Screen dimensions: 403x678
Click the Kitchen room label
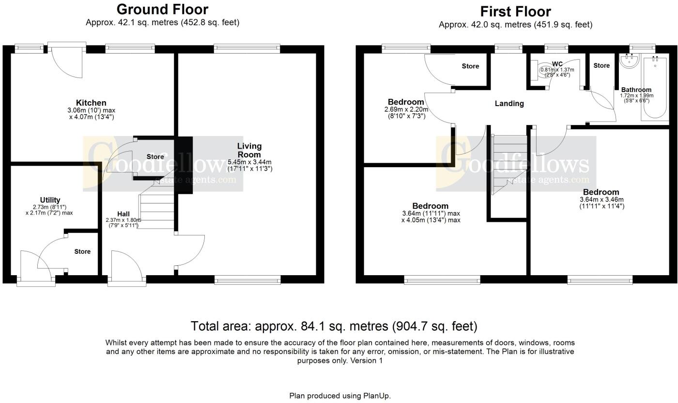coord(91,103)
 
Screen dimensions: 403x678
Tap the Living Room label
coord(249,150)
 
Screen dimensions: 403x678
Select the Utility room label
coord(50,200)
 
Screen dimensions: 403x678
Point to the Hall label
coord(123,214)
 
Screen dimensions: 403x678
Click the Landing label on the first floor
coord(509,104)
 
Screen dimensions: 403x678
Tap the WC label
coord(557,64)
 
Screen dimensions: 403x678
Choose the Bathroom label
coord(636,90)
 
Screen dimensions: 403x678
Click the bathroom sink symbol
coord(630,60)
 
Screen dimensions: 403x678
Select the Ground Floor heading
coord(162,10)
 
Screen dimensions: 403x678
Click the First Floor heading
coord(515,12)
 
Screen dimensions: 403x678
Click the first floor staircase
coord(508,165)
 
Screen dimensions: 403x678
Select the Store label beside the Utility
coord(82,251)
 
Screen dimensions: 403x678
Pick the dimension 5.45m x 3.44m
coord(249,162)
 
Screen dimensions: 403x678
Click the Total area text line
coord(334,326)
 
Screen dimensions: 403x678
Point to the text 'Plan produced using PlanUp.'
coord(340,396)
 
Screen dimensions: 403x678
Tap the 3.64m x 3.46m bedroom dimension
coord(601,200)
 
